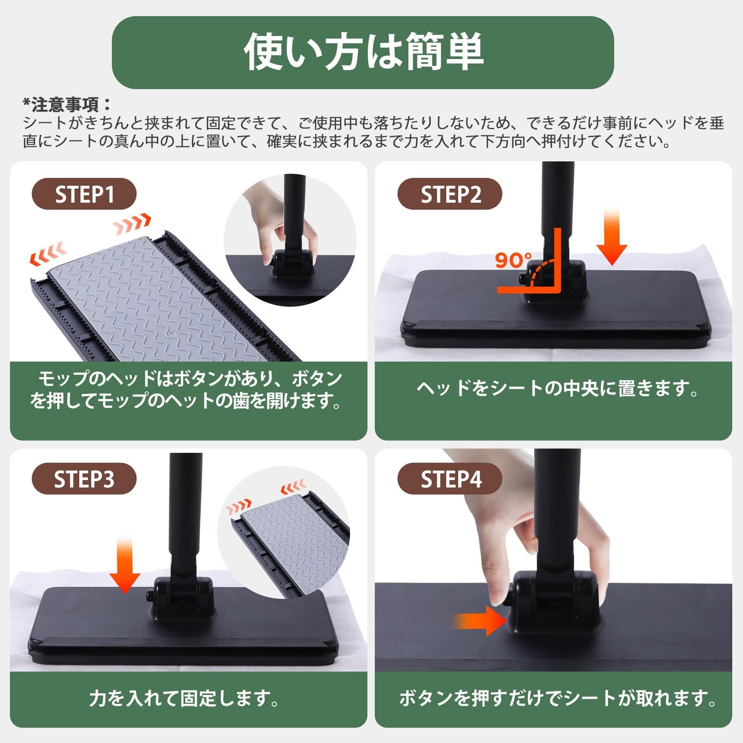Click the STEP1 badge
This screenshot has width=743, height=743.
click(x=84, y=194)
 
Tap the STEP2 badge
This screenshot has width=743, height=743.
click(x=450, y=194)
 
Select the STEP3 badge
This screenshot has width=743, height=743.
click(x=84, y=479)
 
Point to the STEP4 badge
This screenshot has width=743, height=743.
click(x=450, y=479)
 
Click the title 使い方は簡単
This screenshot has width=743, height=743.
click(x=363, y=52)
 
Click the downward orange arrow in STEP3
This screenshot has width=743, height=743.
click(x=125, y=565)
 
